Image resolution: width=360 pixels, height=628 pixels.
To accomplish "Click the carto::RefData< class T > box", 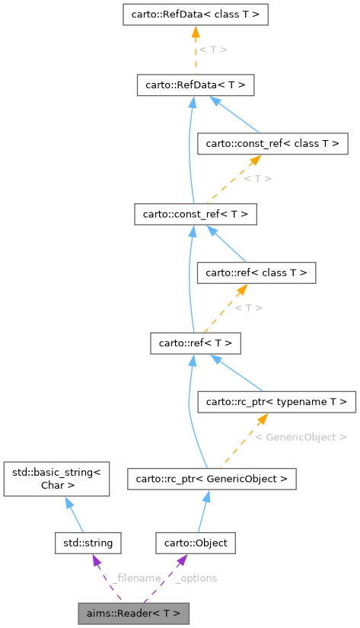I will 195,14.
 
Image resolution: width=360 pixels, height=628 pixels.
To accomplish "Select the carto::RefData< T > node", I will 195,84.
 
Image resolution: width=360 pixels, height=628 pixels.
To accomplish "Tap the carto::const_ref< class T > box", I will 272,142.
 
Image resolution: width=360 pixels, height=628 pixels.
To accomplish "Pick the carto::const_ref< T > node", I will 195,213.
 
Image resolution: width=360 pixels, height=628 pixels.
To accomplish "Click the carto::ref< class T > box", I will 256,272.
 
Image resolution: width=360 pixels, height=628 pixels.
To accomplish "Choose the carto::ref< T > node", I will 195,343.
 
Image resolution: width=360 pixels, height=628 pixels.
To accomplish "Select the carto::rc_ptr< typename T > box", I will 276,400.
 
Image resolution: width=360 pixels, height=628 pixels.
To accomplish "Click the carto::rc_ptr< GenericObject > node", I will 212,479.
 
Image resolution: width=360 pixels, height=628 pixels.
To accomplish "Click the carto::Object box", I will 196,543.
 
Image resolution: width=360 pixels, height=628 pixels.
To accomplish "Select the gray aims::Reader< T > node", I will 133,613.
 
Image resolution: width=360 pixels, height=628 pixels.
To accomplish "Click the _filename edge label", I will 135,578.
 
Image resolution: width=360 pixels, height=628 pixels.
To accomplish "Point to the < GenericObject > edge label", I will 301,437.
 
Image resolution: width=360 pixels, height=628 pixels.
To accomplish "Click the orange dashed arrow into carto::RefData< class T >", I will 195,49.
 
